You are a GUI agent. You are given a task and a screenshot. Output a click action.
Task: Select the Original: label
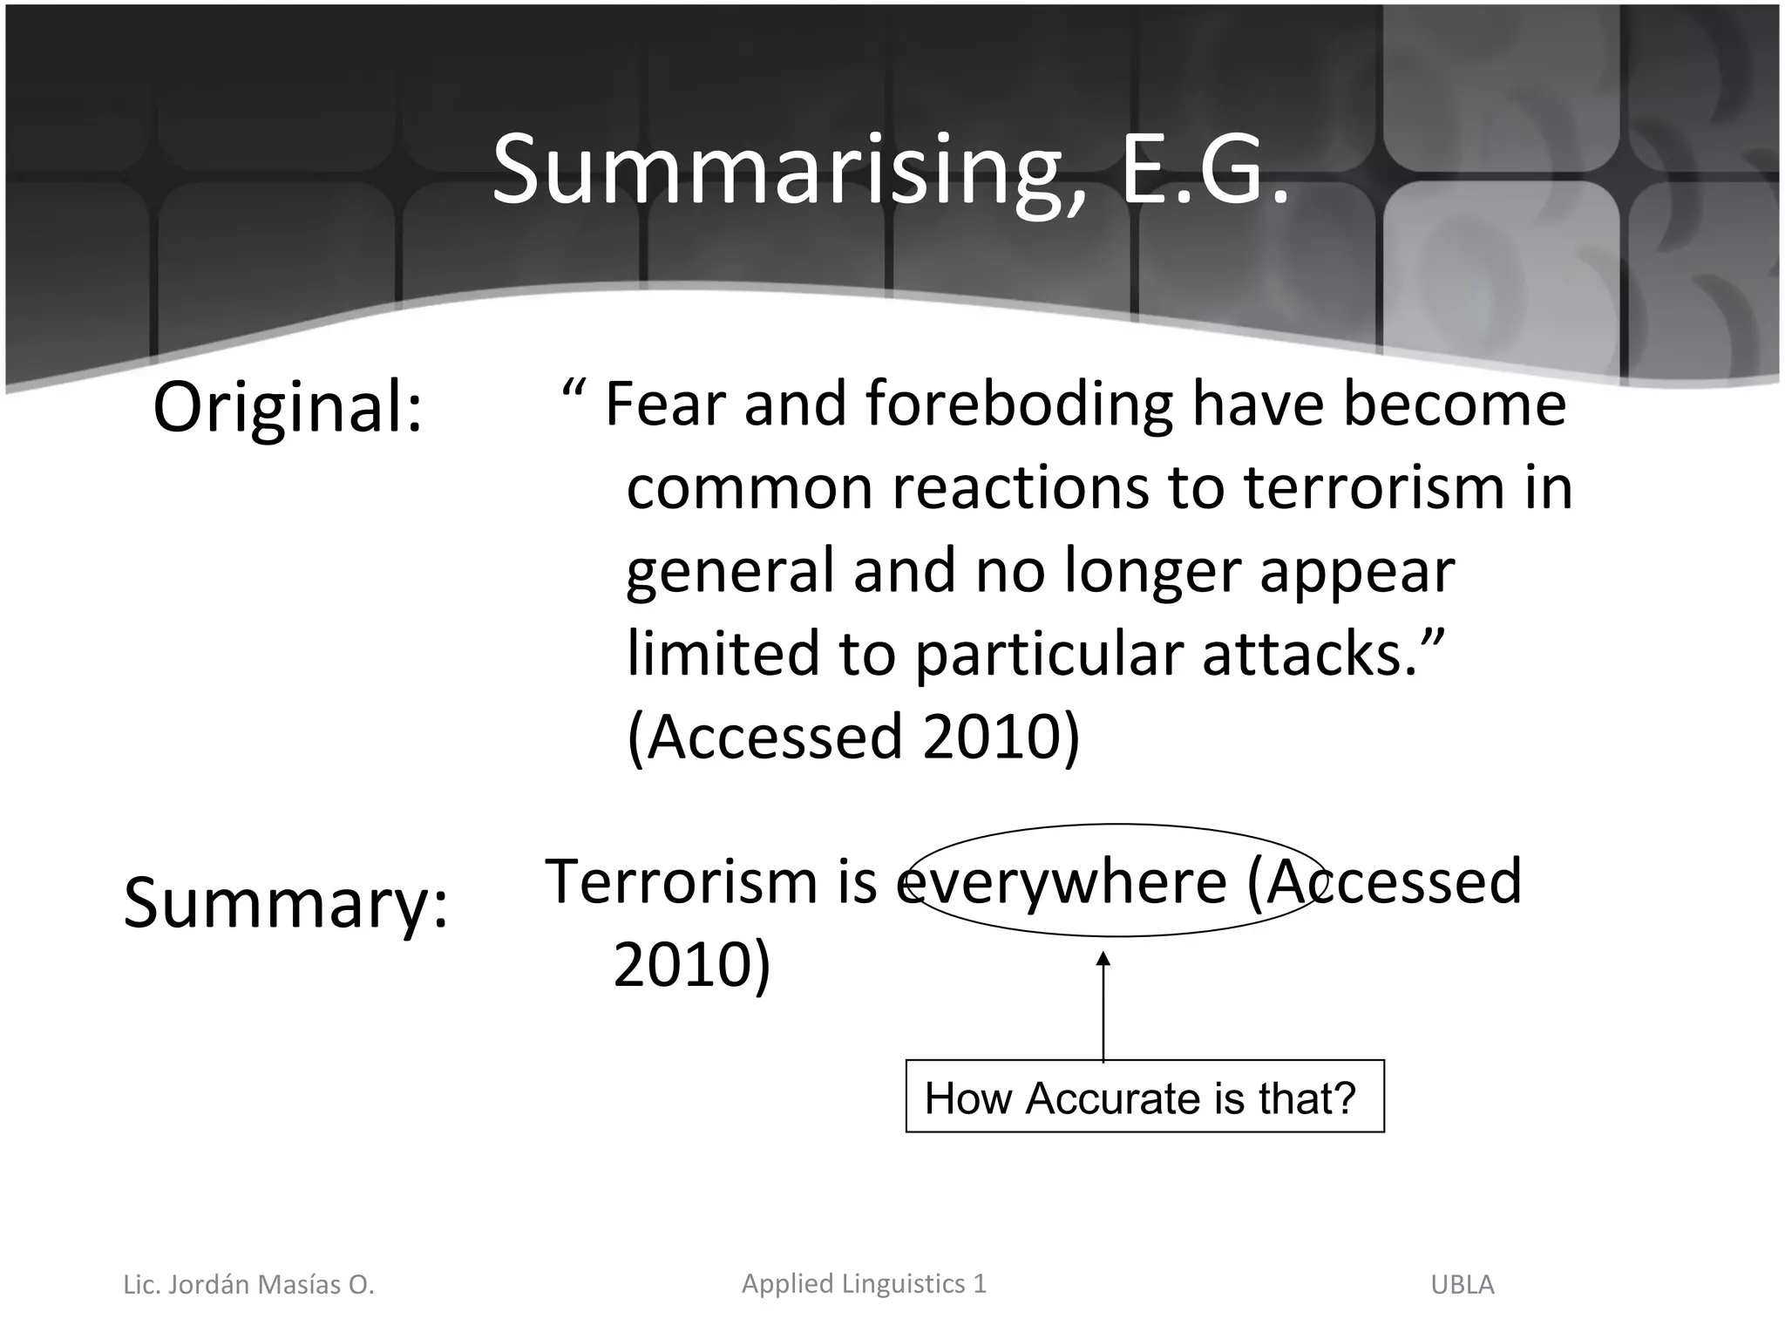tap(287, 407)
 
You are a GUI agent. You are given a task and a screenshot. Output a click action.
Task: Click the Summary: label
tap(285, 903)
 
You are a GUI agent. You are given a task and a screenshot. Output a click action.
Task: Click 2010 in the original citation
tap(990, 737)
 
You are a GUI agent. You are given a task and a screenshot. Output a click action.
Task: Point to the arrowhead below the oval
tap(1103, 959)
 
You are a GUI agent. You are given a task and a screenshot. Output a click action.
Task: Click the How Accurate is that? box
tap(1144, 1097)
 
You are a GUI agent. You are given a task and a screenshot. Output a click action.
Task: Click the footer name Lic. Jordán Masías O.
tap(248, 1285)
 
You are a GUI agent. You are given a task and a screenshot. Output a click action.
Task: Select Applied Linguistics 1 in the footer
tap(863, 1283)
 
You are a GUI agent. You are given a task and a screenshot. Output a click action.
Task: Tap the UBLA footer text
tap(1462, 1285)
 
